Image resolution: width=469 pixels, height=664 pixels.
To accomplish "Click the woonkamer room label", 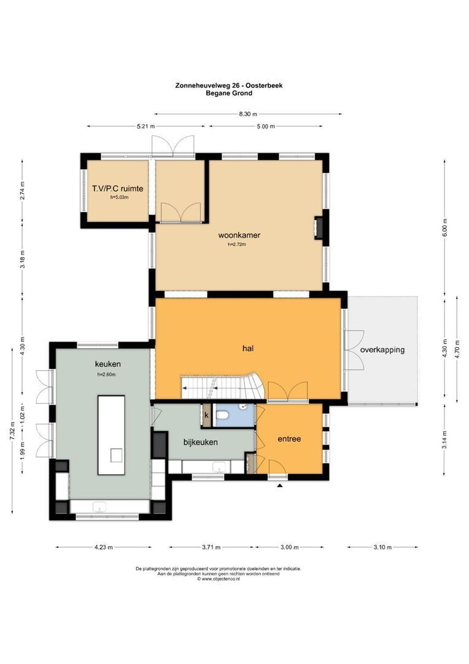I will [x=239, y=235].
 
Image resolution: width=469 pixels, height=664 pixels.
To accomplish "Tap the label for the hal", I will [x=248, y=348].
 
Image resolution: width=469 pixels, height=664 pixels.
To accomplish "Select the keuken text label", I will [x=107, y=363].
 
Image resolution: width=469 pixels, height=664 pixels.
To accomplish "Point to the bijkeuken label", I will [x=200, y=441].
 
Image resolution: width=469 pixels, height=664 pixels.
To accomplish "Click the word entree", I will [x=289, y=438].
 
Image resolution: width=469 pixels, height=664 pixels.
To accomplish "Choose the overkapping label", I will [x=382, y=350].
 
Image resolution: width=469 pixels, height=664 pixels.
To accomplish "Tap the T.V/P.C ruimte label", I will [x=117, y=189].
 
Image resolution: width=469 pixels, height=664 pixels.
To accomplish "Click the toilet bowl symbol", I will [x=224, y=416].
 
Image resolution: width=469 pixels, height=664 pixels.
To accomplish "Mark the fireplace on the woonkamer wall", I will [x=319, y=226].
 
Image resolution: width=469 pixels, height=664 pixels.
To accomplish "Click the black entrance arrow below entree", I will [x=280, y=486].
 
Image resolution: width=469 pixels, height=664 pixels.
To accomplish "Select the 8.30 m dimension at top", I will [x=247, y=114].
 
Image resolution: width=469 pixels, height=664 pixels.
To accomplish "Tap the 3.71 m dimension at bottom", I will [x=212, y=547].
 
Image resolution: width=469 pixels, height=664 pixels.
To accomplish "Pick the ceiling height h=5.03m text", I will [x=119, y=197].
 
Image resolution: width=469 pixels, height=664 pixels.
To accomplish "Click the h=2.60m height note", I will [x=106, y=374].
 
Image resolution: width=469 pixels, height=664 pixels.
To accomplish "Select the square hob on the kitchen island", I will [x=116, y=454].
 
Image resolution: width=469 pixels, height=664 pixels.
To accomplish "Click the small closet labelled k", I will [x=206, y=416].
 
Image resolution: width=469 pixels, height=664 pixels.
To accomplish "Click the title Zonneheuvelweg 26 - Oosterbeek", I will [x=234, y=87].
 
